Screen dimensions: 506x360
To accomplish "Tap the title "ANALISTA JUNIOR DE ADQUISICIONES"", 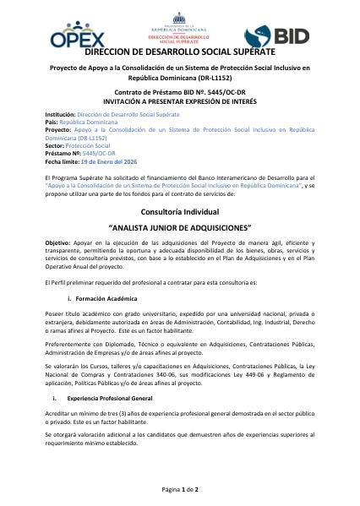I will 179,228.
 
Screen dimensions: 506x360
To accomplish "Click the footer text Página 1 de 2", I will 179,490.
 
